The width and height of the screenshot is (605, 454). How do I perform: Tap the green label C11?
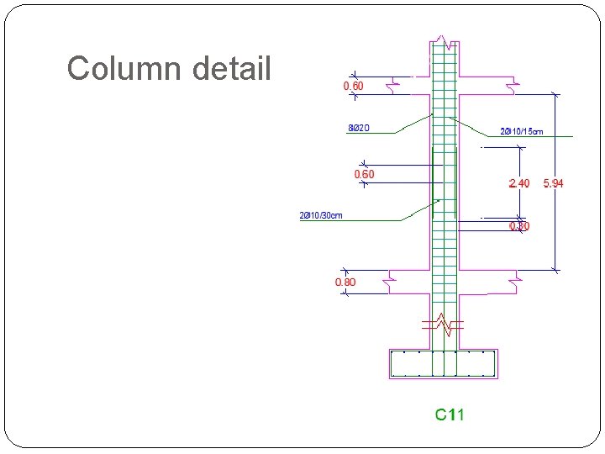[449, 414]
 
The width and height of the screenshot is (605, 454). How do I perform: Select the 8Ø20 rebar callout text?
[359, 129]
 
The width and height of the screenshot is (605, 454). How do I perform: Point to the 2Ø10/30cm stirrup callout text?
[321, 215]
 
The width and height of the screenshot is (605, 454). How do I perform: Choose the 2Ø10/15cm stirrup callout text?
[521, 131]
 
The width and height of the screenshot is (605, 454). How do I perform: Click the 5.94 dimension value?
[554, 183]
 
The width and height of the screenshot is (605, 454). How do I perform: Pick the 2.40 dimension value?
[518, 183]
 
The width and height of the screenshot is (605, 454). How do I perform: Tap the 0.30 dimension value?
[519, 226]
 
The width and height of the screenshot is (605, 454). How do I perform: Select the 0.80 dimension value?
[345, 282]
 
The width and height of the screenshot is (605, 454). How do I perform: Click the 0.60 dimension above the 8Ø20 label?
[353, 86]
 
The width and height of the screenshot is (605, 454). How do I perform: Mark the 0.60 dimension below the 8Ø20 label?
[364, 174]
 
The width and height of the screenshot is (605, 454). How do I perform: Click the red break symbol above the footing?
[444, 324]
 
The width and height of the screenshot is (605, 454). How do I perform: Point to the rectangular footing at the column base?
[444, 363]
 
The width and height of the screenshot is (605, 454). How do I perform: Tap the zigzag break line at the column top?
[444, 42]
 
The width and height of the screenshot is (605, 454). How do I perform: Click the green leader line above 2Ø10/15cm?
[471, 126]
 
